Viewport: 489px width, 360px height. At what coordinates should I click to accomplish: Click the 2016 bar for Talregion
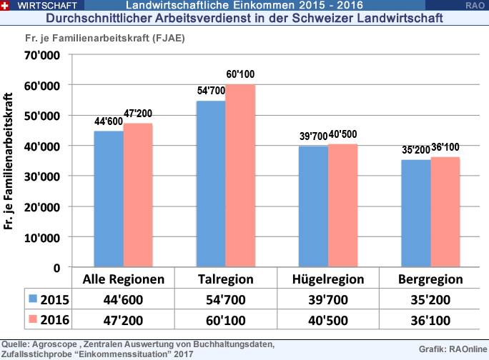(x=240, y=176)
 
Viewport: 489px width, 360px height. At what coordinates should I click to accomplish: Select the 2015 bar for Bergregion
(x=415, y=214)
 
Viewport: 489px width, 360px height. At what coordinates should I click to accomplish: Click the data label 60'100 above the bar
(x=240, y=76)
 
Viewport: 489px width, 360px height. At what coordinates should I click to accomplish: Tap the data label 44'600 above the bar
(x=109, y=122)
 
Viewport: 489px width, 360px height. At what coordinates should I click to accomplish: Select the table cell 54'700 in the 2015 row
(x=226, y=299)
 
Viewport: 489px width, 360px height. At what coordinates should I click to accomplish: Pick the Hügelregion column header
(x=328, y=279)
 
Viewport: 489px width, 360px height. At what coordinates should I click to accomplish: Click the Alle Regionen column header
(x=124, y=279)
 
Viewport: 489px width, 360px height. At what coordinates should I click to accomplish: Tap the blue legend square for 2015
(x=32, y=298)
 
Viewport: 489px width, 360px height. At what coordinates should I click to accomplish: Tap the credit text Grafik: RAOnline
(x=450, y=349)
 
